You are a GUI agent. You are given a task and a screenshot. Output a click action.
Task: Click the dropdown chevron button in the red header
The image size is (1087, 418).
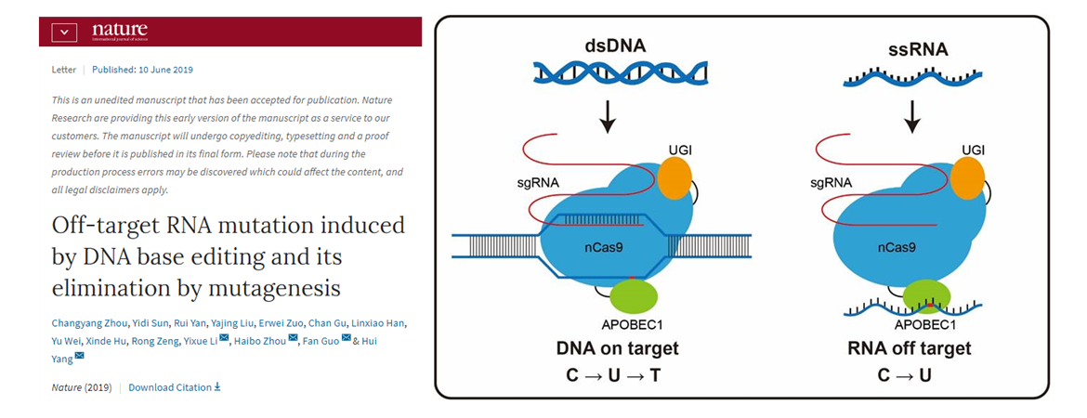(63, 32)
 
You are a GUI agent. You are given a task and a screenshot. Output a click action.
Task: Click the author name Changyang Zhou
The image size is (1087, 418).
(89, 323)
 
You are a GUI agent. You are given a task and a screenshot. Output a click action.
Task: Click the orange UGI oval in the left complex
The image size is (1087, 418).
(675, 177)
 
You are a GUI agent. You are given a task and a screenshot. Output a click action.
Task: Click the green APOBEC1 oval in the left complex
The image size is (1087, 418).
(634, 296)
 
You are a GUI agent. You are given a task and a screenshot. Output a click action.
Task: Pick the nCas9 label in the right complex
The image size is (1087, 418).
(898, 247)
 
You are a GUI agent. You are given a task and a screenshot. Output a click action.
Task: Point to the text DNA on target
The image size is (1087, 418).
(618, 349)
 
